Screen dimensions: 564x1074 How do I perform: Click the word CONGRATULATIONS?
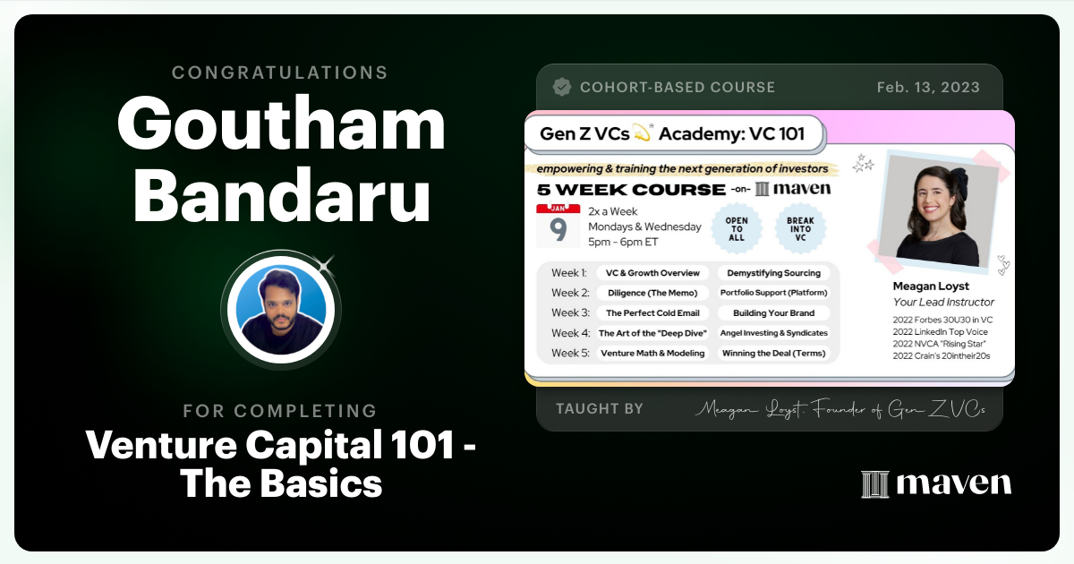coord(280,73)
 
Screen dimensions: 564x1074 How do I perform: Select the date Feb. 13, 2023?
coord(928,88)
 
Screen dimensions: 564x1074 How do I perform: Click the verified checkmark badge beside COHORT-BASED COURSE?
coord(562,88)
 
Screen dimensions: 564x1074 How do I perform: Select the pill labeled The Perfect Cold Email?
coord(652,313)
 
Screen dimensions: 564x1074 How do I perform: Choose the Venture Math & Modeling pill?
coord(652,353)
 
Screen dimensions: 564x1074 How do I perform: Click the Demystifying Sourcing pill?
coord(773,273)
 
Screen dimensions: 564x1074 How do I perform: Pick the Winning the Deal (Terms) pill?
coord(773,353)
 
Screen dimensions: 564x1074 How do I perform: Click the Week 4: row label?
coord(570,333)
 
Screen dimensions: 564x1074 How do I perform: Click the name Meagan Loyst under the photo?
coord(932,286)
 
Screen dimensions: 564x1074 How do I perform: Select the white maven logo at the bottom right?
coord(936,484)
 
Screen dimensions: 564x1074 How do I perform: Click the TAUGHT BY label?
coord(599,409)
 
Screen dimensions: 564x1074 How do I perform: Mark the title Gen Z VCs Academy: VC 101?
coord(672,135)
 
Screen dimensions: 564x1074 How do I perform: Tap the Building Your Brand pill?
coord(773,313)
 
